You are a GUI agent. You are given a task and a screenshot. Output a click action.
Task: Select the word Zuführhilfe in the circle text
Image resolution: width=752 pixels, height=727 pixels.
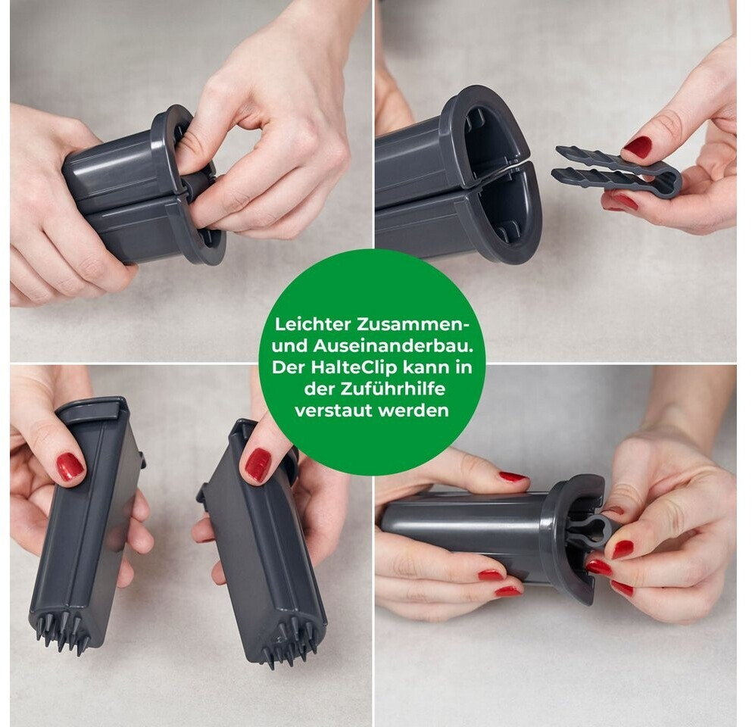[392, 389]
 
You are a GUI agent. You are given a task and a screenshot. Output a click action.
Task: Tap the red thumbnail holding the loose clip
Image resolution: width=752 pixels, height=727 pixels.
[638, 147]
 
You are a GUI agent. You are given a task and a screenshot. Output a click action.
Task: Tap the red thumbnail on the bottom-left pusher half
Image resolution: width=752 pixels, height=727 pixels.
[70, 466]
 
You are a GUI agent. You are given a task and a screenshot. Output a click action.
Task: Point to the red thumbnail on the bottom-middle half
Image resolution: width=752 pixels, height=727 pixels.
[258, 465]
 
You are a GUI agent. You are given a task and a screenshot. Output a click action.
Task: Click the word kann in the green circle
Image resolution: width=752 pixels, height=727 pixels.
[423, 367]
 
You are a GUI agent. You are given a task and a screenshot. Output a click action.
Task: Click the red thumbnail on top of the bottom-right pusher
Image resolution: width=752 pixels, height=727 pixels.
[513, 476]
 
